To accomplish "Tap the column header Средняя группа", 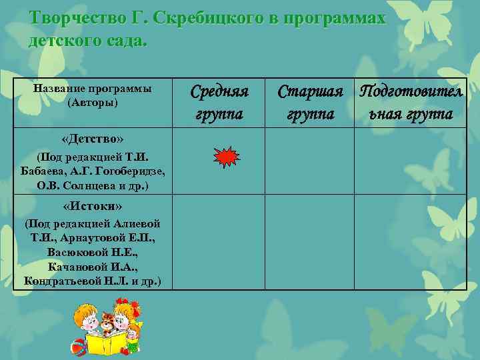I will coord(219,102).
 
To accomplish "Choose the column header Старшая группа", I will coord(310,102).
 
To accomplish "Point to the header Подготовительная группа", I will coord(411,102).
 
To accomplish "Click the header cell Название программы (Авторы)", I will coord(92,95).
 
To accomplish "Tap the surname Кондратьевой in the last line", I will coord(65,280).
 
